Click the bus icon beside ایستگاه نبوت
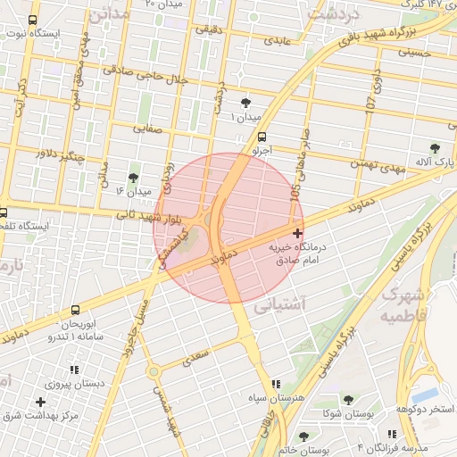coord(33,21)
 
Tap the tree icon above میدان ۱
coord(245,104)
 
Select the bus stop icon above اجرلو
coord(262,137)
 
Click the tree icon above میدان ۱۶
coord(133,178)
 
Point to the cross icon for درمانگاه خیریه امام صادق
coord(297,233)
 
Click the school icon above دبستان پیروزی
coord(73,370)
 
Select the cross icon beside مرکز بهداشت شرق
coord(40,402)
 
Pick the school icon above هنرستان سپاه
coord(275,383)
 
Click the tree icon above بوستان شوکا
coord(345,401)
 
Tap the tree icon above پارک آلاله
coord(435,148)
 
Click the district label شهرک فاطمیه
coord(404,304)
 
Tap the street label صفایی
coord(149,128)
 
